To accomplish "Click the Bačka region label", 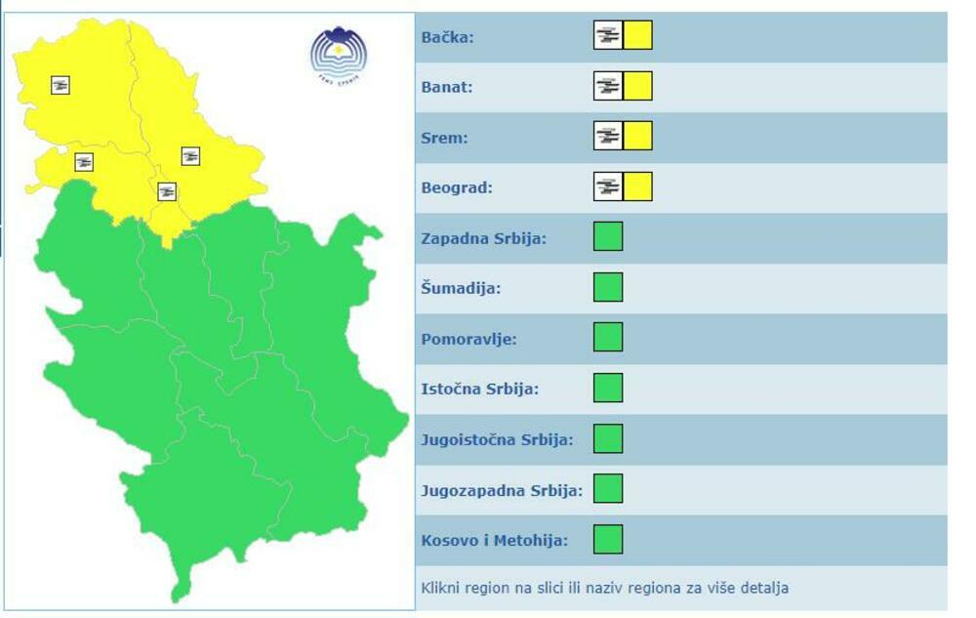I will (447, 37).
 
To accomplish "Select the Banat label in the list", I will (447, 87).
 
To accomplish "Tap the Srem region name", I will (444, 138).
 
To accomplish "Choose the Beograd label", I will (457, 187).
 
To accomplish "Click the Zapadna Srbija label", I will (484, 238).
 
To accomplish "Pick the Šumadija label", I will (461, 289).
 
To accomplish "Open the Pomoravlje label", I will (468, 339).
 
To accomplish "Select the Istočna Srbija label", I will (479, 390).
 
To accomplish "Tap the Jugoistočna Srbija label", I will (497, 439).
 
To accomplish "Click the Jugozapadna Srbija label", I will (501, 490).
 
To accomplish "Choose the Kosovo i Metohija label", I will (494, 540).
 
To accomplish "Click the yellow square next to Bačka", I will (638, 36).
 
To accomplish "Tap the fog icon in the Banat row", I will (608, 86).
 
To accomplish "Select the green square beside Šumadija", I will (608, 287).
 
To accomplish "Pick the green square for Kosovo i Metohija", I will (608, 539).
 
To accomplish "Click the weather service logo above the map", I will (339, 55).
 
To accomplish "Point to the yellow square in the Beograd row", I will (638, 186).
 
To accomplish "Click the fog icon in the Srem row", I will (608, 136).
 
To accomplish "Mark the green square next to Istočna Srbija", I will (608, 388).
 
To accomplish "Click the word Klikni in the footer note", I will (440, 589).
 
